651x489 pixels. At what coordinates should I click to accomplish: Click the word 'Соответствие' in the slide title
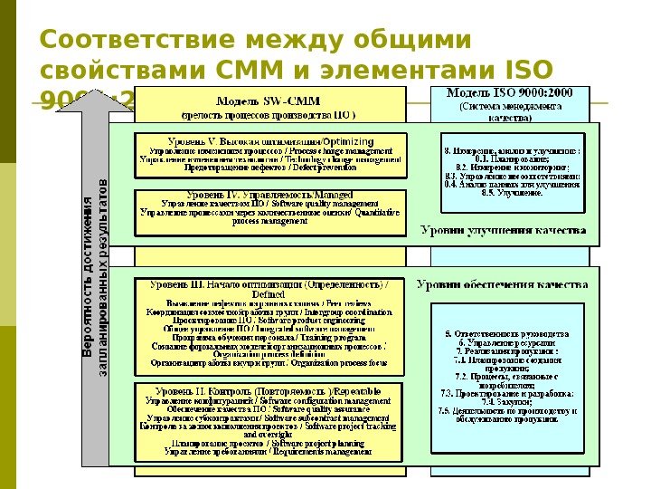[x=127, y=42]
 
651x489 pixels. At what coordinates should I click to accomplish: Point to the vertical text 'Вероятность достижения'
[x=87, y=290]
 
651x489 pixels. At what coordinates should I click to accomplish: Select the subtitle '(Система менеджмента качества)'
[x=510, y=111]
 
